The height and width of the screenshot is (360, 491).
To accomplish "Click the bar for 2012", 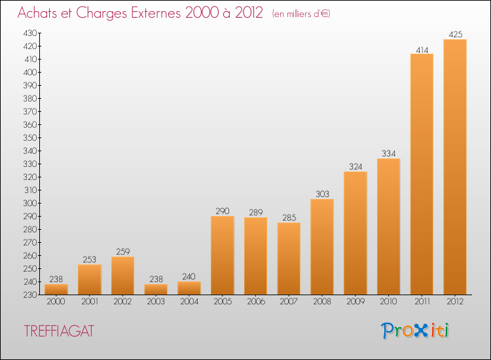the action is pyautogui.click(x=455, y=167).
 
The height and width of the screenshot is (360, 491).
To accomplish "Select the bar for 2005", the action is pyautogui.click(x=223, y=255).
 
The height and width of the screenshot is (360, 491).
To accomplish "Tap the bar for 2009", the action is pyautogui.click(x=355, y=233).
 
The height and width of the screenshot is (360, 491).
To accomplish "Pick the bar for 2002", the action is pyautogui.click(x=123, y=276).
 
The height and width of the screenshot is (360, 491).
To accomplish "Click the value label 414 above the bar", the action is pyautogui.click(x=422, y=50).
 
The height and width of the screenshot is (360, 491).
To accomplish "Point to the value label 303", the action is pyautogui.click(x=322, y=194).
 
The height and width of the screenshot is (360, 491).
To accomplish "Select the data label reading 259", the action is pyautogui.click(x=123, y=252).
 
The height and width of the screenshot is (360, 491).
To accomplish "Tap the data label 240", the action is pyautogui.click(x=189, y=277).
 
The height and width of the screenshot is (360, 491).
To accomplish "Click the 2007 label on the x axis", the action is pyautogui.click(x=289, y=302).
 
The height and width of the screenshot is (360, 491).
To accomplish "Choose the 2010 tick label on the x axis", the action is pyautogui.click(x=388, y=302).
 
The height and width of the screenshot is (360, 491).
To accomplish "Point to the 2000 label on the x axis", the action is pyautogui.click(x=56, y=302).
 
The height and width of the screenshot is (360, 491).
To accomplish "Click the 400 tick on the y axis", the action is pyautogui.click(x=30, y=72).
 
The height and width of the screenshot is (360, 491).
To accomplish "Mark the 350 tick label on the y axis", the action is pyautogui.click(x=30, y=137).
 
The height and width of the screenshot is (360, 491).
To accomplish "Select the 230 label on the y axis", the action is pyautogui.click(x=30, y=295).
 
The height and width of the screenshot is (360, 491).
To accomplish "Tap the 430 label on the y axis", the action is pyautogui.click(x=30, y=33).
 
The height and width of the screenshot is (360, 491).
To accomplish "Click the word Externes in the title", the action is pyautogui.click(x=156, y=13).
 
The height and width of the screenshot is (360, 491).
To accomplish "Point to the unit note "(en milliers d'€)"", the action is pyautogui.click(x=301, y=14).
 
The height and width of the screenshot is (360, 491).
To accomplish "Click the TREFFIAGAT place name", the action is pyautogui.click(x=59, y=331).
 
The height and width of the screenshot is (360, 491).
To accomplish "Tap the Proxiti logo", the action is pyautogui.click(x=415, y=331).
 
